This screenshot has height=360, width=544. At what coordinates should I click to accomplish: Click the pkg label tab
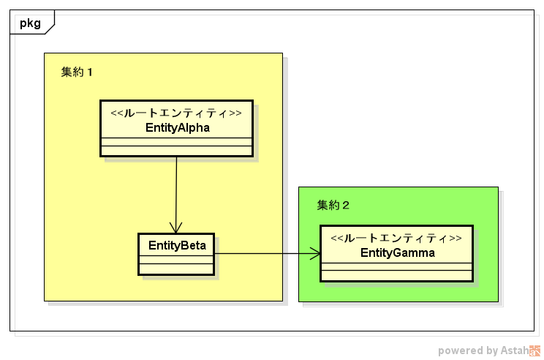coord(30,22)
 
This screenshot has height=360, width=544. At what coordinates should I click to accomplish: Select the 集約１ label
coord(77,72)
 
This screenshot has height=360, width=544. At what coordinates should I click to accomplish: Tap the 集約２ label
coord(333,205)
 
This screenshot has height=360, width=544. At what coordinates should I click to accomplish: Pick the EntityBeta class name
coord(177,245)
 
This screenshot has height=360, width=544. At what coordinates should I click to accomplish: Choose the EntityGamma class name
coord(397,253)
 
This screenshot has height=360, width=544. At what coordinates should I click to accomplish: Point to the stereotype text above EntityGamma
coord(397,239)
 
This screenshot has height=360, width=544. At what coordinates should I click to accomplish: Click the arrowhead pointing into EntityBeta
coord(176,228)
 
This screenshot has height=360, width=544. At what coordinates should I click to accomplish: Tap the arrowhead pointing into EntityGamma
coord(315,254)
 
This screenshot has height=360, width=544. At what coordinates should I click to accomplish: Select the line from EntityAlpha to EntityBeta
coord(176,190)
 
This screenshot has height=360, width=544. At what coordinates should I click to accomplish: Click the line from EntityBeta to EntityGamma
coord(263,254)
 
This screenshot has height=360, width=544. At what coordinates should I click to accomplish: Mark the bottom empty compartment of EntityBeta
coord(177,268)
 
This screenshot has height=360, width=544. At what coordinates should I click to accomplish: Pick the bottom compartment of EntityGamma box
coord(397,275)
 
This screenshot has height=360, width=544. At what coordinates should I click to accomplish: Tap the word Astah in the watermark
coord(514,350)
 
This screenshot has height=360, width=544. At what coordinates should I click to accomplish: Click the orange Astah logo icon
coord(535,350)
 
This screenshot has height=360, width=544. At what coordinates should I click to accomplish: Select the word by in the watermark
coord(491,351)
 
